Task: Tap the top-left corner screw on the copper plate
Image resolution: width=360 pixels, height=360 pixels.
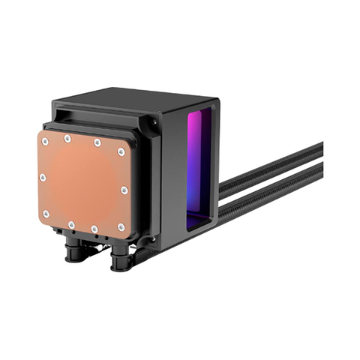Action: [45, 142]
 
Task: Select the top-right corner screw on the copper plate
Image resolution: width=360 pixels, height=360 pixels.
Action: [121, 151]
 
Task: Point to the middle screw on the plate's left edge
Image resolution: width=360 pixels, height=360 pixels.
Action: [43, 178]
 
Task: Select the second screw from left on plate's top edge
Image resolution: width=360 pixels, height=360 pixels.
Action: [67, 138]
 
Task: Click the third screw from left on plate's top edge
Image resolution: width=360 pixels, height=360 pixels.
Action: [97, 142]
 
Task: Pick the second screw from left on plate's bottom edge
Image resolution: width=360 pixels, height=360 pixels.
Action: [70, 224]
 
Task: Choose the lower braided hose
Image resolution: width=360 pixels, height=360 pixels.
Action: [270, 192]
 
